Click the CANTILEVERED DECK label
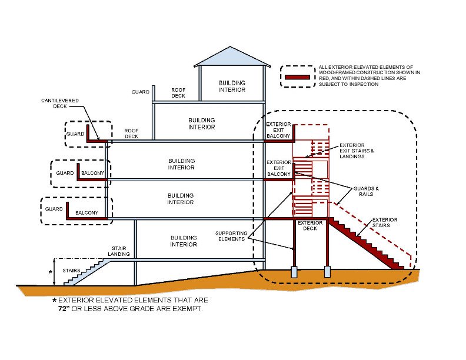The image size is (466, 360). pyautogui.click(x=60, y=104)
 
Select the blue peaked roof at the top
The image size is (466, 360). pyautogui.click(x=232, y=57)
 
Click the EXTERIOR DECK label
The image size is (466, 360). pyautogui.click(x=310, y=225)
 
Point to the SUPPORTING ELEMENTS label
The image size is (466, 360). pyautogui.click(x=231, y=235)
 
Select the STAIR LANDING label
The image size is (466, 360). pyautogui.click(x=121, y=251)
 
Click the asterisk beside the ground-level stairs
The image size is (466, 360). pyautogui.click(x=51, y=272)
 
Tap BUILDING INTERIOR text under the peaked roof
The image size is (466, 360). pyautogui.click(x=232, y=86)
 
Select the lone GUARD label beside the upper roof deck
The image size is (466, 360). pyautogui.click(x=140, y=92)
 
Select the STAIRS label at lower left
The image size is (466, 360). pyautogui.click(x=71, y=271)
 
